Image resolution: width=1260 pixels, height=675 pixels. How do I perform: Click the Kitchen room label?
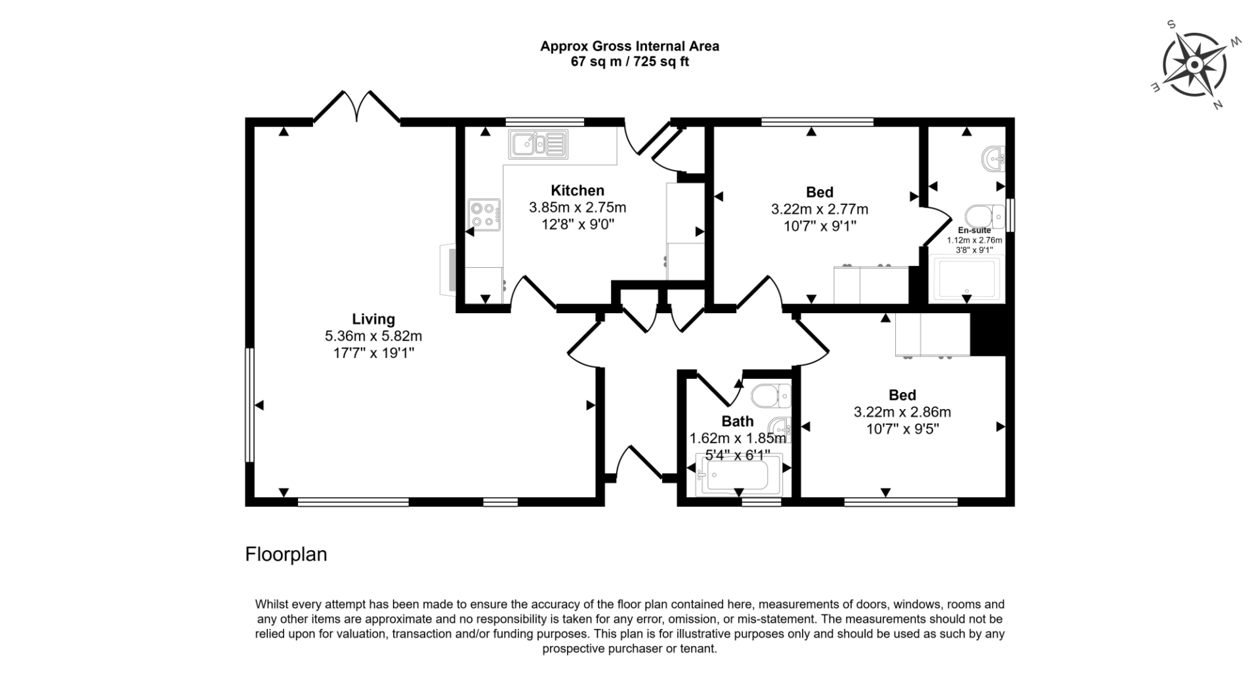[577, 190]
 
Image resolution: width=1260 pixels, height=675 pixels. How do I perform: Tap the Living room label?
[373, 319]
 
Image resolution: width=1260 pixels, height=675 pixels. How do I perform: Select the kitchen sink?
[538, 144]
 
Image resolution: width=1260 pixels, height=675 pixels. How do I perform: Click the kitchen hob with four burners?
[484, 215]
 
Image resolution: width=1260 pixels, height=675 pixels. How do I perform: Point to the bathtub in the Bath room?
[739, 474]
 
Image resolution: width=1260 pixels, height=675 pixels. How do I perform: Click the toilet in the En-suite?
[984, 215]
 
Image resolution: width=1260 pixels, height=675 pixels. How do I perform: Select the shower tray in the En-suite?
[967, 279]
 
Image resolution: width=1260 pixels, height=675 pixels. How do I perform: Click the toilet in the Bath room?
[770, 395]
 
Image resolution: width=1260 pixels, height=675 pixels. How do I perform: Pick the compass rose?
[1195, 65]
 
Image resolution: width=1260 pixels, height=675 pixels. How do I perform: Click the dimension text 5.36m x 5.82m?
[373, 336]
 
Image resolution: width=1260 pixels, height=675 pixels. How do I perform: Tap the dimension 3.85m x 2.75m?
[577, 207]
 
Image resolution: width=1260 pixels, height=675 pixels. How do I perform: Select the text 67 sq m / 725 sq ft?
[630, 62]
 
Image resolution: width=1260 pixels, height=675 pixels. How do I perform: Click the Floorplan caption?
[286, 554]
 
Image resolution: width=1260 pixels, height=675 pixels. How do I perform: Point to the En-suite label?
[975, 230]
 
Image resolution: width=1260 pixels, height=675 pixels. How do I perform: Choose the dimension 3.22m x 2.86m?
[902, 412]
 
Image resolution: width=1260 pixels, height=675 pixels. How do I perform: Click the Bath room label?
[738, 421]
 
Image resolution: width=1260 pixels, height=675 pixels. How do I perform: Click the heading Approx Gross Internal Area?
[630, 46]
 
